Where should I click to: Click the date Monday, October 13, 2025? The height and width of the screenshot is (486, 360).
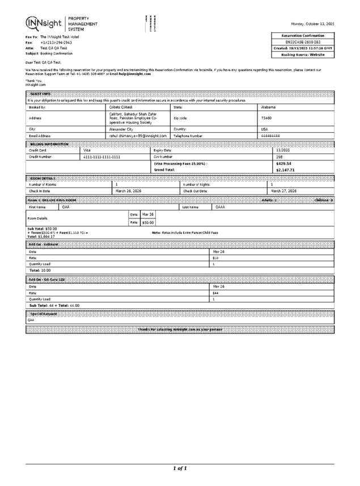point(312,24)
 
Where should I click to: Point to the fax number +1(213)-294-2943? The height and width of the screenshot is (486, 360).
point(56,43)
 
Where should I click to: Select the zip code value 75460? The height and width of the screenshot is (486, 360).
point(266,118)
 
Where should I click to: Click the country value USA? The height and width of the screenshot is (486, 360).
point(264,129)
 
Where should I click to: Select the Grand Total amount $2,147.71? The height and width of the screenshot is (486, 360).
point(285,170)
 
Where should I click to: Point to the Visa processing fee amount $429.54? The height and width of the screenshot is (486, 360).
point(283,163)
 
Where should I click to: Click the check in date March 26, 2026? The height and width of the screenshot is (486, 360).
point(128,191)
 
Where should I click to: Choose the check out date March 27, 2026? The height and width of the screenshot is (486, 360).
point(283,191)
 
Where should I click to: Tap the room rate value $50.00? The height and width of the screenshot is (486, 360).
point(147,223)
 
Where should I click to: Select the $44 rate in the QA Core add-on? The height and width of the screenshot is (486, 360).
point(215,293)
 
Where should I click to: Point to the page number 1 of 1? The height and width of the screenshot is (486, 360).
point(180,468)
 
